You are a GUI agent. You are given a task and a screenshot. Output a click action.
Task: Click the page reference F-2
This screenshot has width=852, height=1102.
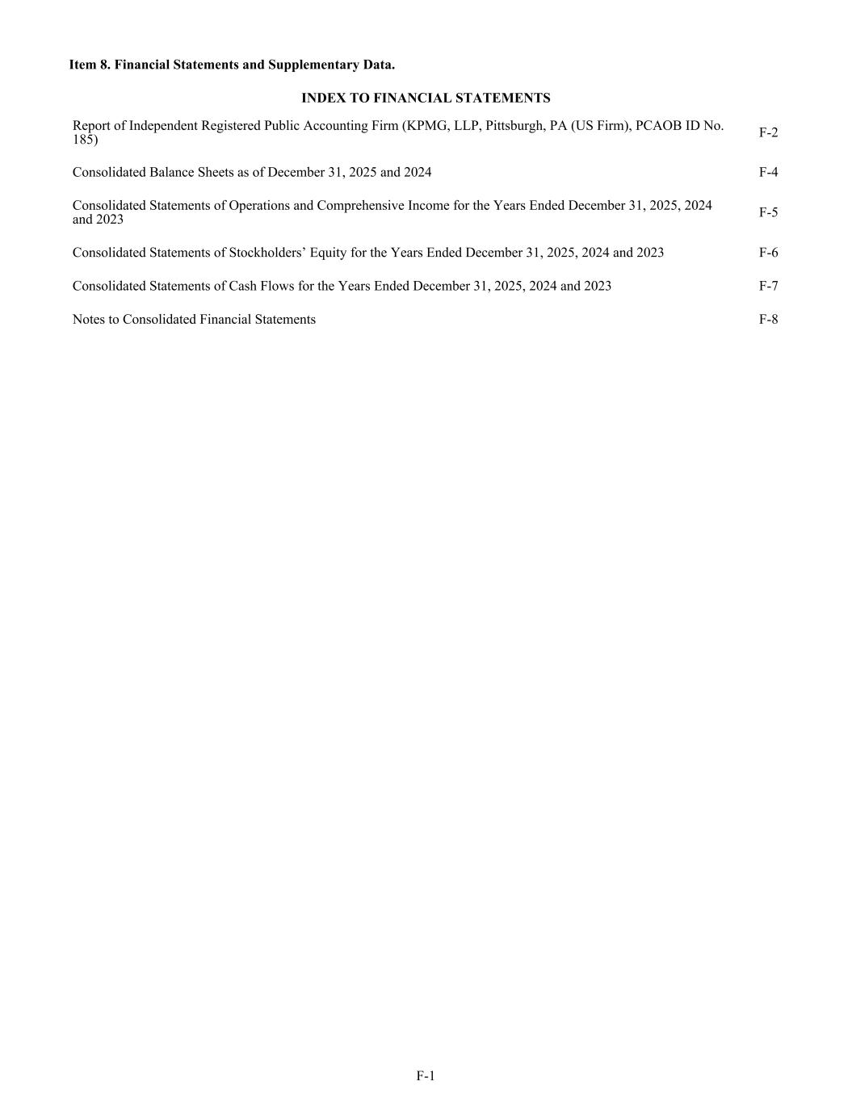[x=768, y=132]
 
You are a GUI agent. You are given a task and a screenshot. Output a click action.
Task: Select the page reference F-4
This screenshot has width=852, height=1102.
[x=768, y=172]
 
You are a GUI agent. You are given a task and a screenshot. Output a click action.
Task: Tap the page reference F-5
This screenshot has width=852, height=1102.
[x=768, y=212]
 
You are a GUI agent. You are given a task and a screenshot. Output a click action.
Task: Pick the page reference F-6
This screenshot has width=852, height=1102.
[x=768, y=253]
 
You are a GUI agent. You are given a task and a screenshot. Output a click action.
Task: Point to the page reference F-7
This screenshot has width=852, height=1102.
[x=768, y=286]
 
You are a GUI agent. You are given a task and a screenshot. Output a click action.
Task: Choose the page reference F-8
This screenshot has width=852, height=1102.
[x=768, y=319]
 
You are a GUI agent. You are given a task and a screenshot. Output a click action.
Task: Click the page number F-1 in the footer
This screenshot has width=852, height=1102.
[x=426, y=1075]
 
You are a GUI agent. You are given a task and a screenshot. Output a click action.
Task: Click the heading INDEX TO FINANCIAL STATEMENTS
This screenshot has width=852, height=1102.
[x=426, y=98]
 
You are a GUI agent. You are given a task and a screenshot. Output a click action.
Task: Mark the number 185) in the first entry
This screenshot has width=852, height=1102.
[x=85, y=140]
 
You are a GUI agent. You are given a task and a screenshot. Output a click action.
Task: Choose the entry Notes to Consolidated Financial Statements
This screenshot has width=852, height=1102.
[x=194, y=319]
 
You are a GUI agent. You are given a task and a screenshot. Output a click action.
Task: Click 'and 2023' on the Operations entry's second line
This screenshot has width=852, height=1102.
[x=98, y=220]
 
